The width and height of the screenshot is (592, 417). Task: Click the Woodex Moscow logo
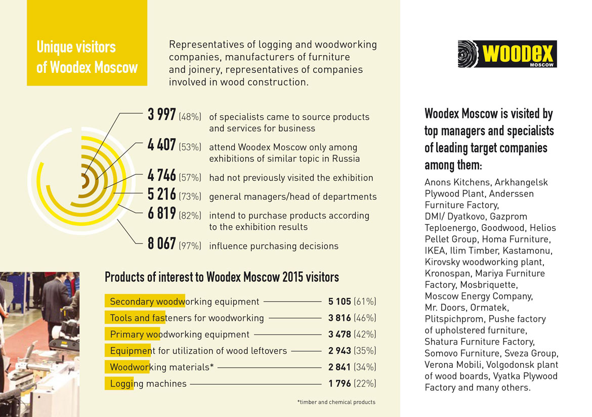[506, 54]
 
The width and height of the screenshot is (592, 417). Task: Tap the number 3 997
[161, 115]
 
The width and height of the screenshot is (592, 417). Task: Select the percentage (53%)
[190, 147]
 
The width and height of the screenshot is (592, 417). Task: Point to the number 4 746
[161, 176]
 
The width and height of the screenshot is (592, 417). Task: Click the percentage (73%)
[190, 196]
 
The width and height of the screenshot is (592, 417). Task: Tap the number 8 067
[161, 245]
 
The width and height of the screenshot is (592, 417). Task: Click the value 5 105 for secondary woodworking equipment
[339, 302]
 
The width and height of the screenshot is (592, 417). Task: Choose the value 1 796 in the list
[339, 384]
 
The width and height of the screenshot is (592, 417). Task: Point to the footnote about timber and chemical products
[336, 402]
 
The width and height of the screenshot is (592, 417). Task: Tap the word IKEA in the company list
[436, 251]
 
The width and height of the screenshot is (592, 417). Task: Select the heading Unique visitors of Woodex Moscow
[87, 57]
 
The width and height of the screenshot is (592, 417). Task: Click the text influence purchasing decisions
[273, 246]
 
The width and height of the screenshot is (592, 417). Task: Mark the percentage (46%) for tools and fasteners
[365, 318]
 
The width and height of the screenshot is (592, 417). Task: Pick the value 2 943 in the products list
[339, 351]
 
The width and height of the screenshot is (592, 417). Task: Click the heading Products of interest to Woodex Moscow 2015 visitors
[222, 277]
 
